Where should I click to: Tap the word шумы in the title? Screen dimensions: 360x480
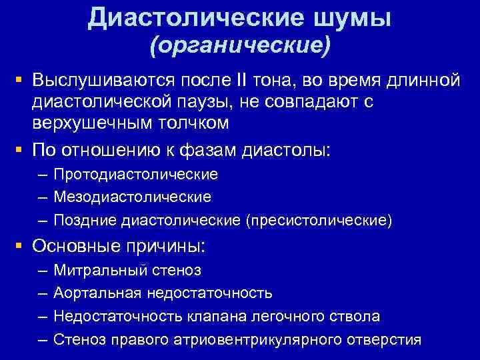(x=357, y=18)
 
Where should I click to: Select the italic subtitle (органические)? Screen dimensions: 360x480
(x=239, y=47)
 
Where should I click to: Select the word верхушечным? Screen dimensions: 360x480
(x=96, y=123)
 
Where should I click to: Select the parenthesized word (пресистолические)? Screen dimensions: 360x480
(x=319, y=220)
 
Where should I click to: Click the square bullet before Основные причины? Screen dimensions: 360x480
(x=21, y=246)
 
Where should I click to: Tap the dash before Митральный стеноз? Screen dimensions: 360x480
(x=43, y=271)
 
